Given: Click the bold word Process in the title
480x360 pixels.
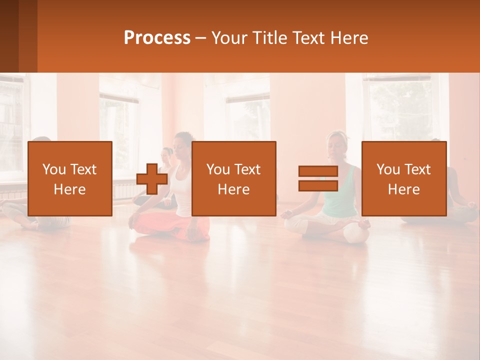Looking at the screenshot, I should click(157, 38).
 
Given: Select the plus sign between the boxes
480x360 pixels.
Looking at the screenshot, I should click(152, 179).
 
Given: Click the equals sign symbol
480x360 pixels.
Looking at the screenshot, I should click(318, 178).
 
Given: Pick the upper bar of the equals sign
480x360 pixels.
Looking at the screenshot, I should click(318, 171).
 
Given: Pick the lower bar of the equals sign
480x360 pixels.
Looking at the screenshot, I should click(318, 185).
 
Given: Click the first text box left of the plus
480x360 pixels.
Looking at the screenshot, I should click(70, 178).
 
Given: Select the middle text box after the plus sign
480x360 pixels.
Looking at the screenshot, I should click(233, 178).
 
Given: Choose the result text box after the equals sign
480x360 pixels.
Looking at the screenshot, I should click(403, 178).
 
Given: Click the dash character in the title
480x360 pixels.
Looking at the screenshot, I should click(201, 38).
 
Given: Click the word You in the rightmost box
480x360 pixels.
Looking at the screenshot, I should click(388, 169).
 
